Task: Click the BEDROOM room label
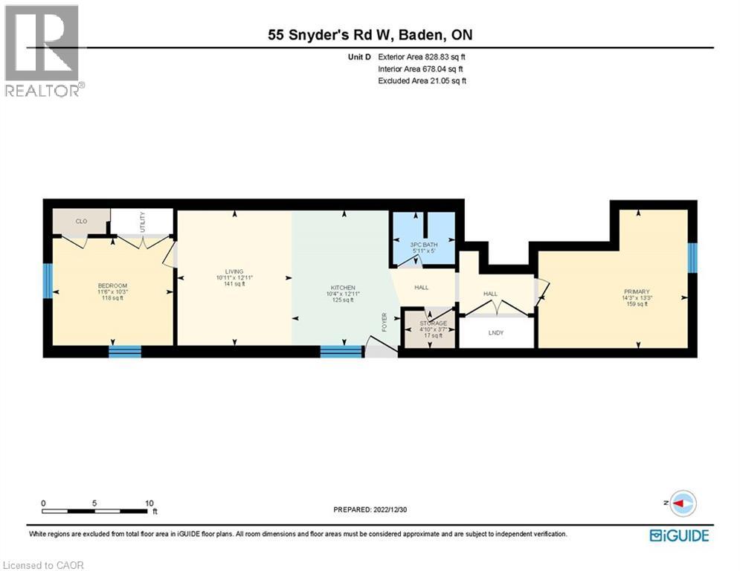(x=113, y=286)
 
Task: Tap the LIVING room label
(x=234, y=271)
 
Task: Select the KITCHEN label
(x=343, y=288)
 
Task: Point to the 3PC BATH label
(x=423, y=245)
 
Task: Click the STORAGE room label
(x=433, y=323)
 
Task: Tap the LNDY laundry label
(x=496, y=332)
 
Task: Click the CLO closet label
(x=81, y=221)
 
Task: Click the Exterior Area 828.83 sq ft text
(x=422, y=57)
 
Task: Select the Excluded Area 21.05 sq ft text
(x=422, y=80)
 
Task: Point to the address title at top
(x=370, y=34)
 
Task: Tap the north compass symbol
(x=682, y=504)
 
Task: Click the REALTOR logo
(x=42, y=50)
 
